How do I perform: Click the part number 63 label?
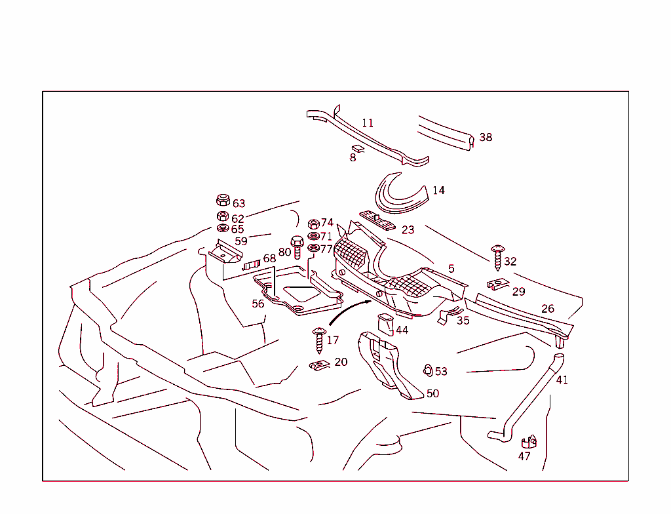point(239,204)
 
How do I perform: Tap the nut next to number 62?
point(222,216)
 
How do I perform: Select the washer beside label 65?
point(222,228)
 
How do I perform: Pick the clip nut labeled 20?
point(319,365)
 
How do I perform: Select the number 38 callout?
point(486,138)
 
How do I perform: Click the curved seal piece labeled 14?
point(400,195)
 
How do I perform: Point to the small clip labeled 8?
point(358,149)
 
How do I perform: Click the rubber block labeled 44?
point(385,323)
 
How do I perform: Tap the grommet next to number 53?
point(427,370)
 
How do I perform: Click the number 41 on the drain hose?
point(562,380)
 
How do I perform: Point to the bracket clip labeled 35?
point(449,316)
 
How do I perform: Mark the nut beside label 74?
point(313,224)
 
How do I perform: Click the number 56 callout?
point(258,304)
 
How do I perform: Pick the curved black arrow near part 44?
point(347,311)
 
